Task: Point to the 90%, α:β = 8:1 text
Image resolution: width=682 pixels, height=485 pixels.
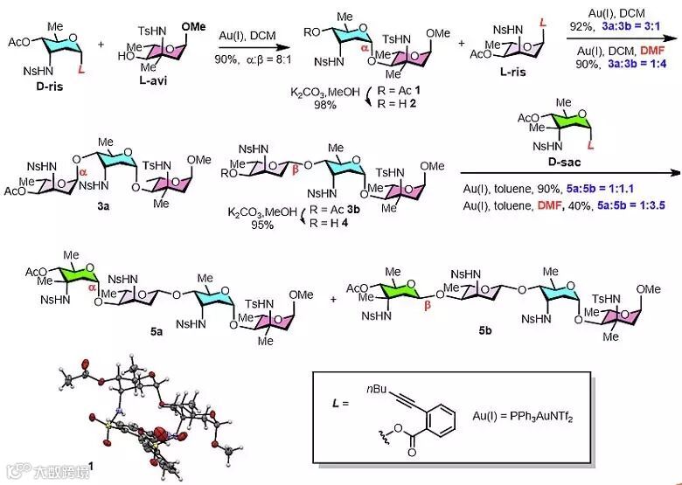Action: pyautogui.click(x=248, y=60)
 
